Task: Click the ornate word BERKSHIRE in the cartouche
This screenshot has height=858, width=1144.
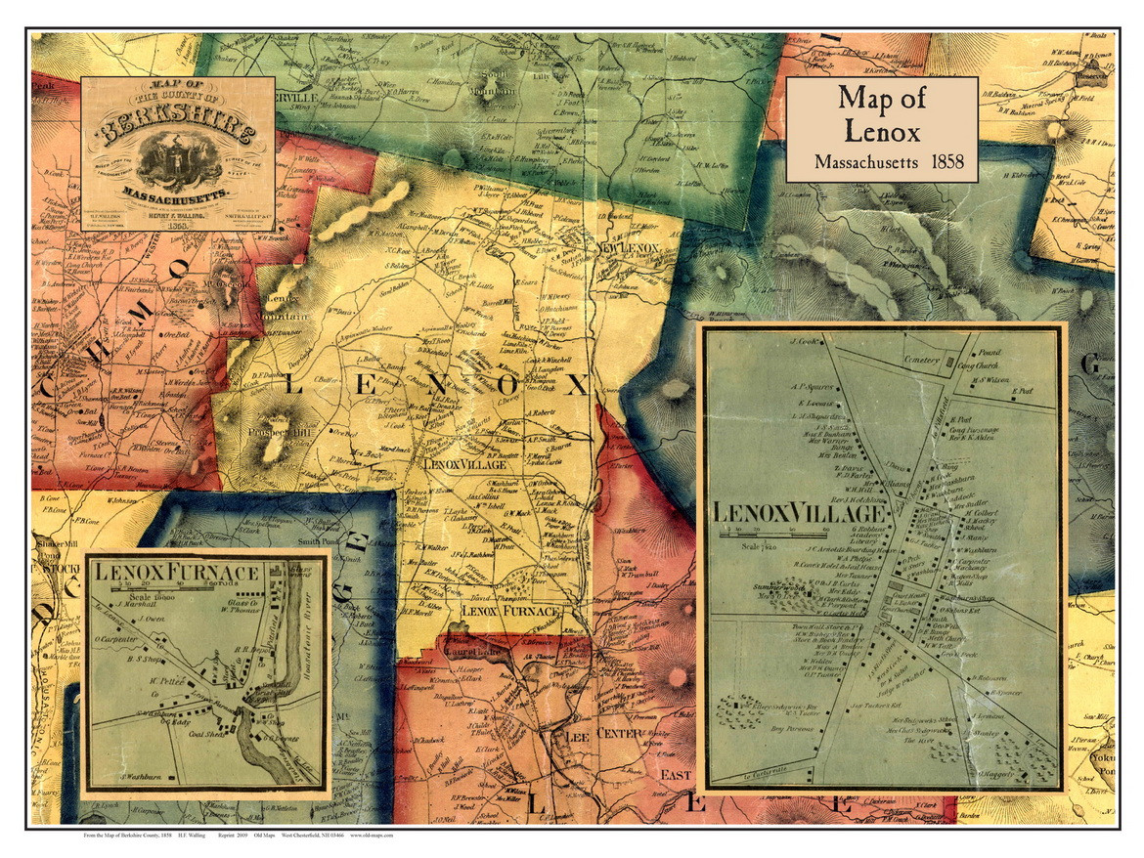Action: tap(177, 127)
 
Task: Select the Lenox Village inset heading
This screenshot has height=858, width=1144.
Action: tap(799, 512)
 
